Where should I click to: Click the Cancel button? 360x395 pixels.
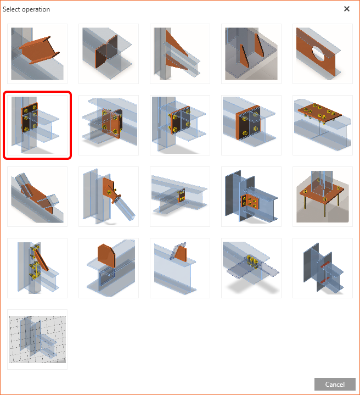pyautogui.click(x=335, y=384)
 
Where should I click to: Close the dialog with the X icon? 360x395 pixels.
pyautogui.click(x=347, y=9)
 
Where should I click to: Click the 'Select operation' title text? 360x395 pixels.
pyautogui.click(x=26, y=9)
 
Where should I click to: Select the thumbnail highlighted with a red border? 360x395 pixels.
pyautogui.click(x=37, y=125)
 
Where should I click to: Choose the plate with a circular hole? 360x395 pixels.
pyautogui.click(x=323, y=54)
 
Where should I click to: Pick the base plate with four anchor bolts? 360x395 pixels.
pyautogui.click(x=323, y=197)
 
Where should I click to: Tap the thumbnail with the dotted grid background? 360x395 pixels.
pyautogui.click(x=37, y=340)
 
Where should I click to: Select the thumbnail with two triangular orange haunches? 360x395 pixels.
pyautogui.click(x=180, y=54)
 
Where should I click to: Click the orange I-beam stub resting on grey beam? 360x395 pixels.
pyautogui.click(x=37, y=54)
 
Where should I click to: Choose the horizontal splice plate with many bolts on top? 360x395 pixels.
pyautogui.click(x=323, y=125)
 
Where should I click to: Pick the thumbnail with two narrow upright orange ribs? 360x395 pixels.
pyautogui.click(x=251, y=54)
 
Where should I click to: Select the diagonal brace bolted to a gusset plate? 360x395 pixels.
pyautogui.click(x=109, y=197)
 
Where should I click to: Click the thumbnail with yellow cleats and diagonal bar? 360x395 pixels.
pyautogui.click(x=37, y=268)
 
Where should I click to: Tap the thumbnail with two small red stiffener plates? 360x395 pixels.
pyautogui.click(x=323, y=268)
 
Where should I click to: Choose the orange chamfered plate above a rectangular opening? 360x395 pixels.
pyautogui.click(x=109, y=268)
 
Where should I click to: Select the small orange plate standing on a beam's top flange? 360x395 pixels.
pyautogui.click(x=180, y=268)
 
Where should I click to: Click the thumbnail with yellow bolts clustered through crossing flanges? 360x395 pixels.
pyautogui.click(x=251, y=268)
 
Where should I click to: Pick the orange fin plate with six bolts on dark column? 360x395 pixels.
pyautogui.click(x=251, y=197)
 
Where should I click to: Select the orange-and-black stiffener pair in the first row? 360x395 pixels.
pyautogui.click(x=109, y=54)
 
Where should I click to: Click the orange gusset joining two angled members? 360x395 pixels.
pyautogui.click(x=37, y=197)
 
